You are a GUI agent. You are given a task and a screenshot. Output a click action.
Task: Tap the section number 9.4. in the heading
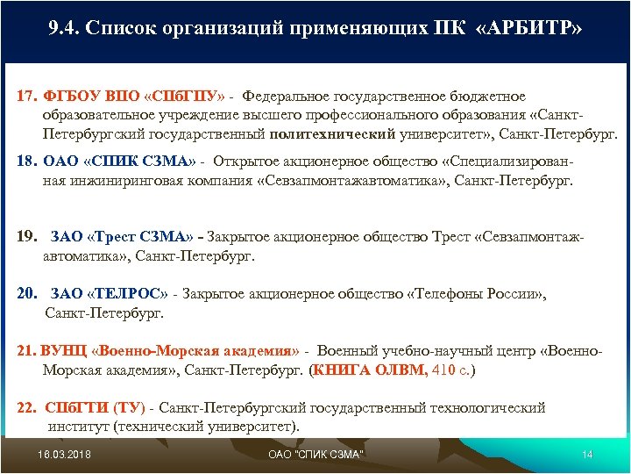click(66, 29)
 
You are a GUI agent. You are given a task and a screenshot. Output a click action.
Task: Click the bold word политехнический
click(333, 135)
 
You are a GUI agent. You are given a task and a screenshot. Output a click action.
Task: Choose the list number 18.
click(27, 162)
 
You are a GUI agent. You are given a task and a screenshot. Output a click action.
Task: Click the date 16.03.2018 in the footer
click(65, 454)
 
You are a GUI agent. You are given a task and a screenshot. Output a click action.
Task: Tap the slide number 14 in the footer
click(587, 454)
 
